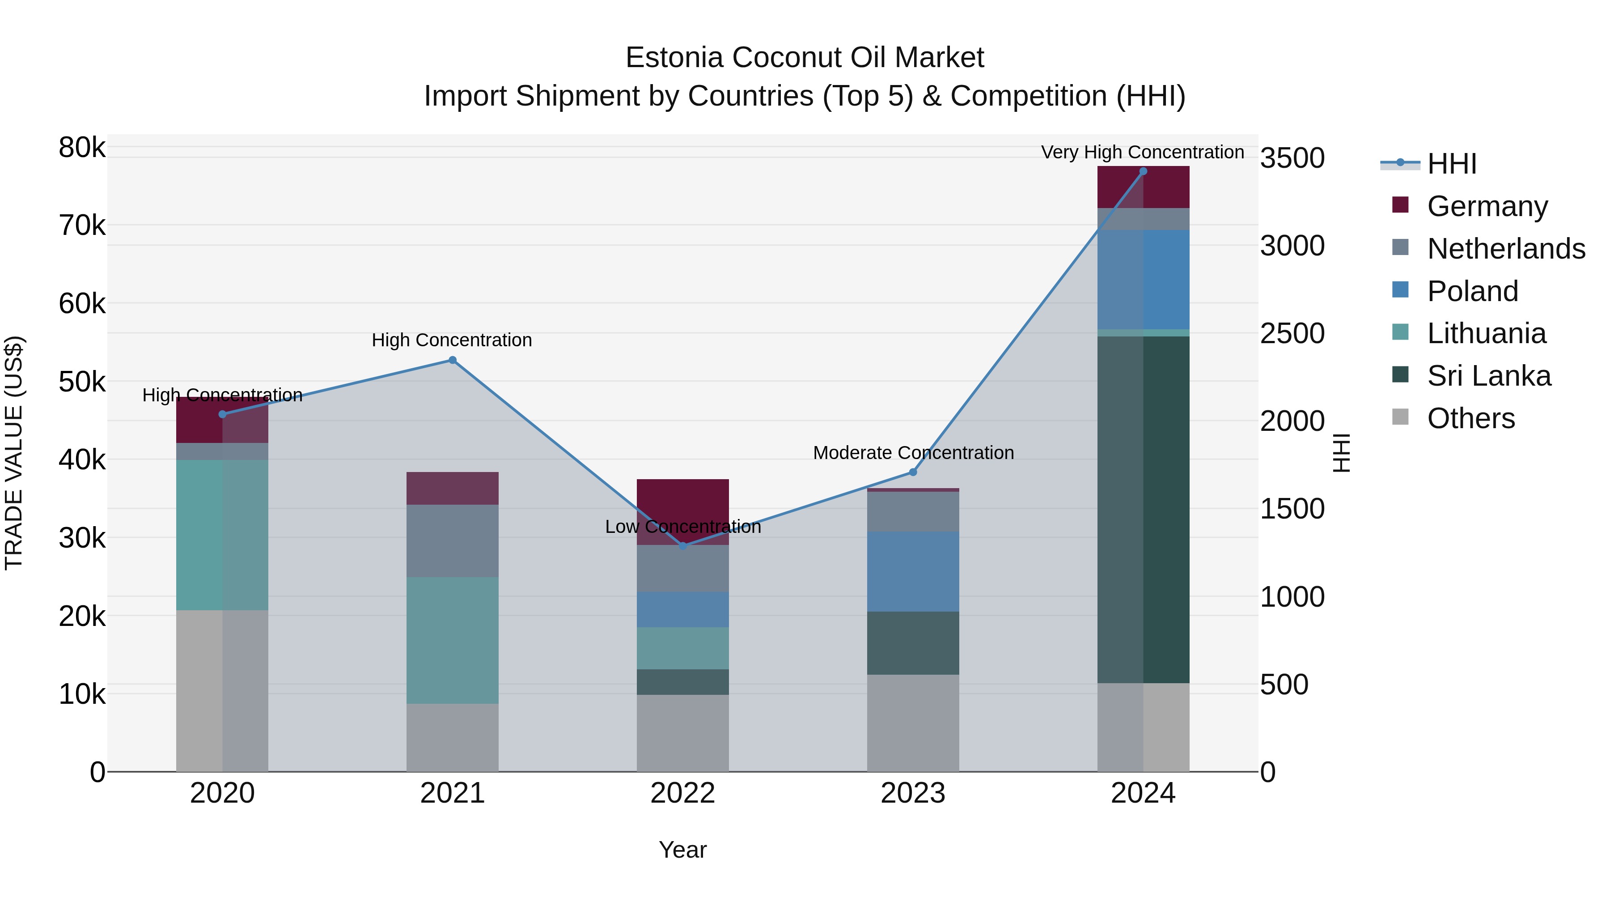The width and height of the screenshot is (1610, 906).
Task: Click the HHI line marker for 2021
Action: (453, 360)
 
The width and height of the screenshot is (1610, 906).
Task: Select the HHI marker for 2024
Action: (1143, 171)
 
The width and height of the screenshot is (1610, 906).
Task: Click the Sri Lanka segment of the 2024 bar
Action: (1143, 510)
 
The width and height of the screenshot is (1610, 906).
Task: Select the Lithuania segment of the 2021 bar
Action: (453, 640)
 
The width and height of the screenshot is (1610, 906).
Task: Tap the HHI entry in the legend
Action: (1451, 164)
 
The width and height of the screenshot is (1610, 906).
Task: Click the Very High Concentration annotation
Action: (1143, 153)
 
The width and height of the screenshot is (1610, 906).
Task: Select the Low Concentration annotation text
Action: (682, 527)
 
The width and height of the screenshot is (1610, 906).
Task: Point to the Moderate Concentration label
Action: (913, 453)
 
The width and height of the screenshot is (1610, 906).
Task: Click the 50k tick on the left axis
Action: (82, 381)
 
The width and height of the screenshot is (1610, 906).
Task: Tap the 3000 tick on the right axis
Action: (1291, 246)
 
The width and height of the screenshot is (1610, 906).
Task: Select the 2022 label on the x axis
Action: (682, 793)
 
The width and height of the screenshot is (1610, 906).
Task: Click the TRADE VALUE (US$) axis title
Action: (14, 453)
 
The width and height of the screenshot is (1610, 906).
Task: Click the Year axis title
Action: (682, 850)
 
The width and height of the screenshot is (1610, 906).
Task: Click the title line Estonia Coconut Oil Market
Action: (805, 58)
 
